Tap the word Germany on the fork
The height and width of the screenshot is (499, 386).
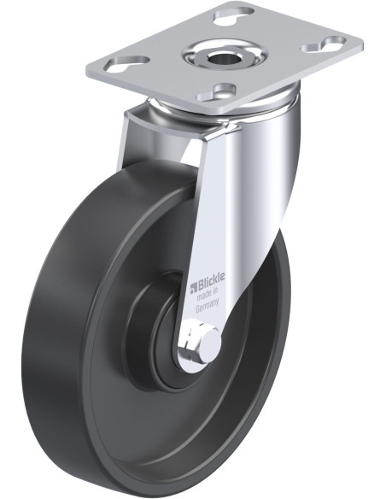[208, 307]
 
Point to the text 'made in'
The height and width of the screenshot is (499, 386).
[207, 294]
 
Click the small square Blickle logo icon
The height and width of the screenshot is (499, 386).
[193, 288]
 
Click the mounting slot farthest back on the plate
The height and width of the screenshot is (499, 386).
[234, 16]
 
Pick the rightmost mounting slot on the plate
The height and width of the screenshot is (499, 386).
[324, 44]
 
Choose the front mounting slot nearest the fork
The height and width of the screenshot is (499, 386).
[215, 92]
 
